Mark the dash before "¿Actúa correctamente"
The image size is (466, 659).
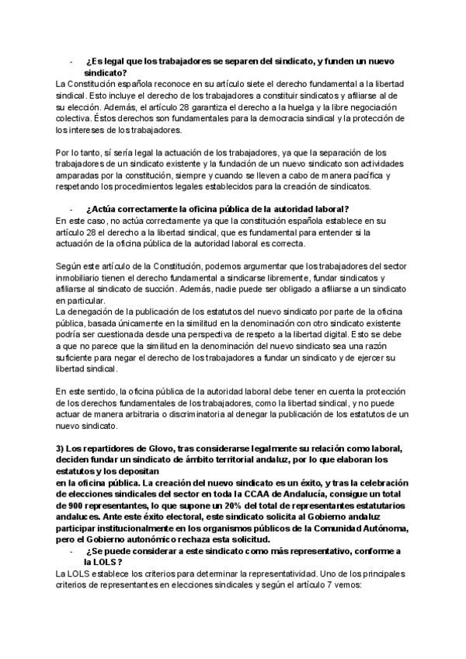tap(71, 209)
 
